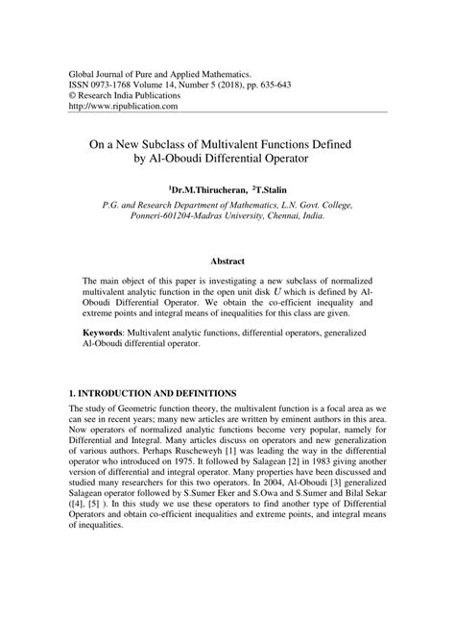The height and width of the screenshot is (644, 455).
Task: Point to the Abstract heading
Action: (x=227, y=260)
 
